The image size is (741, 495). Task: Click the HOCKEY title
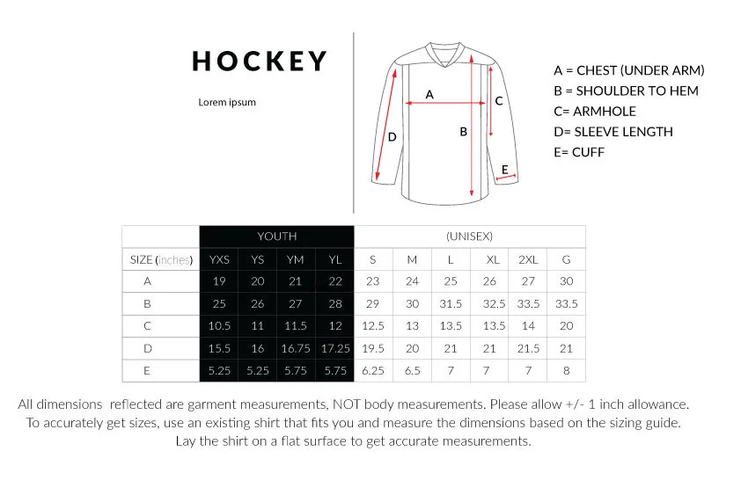(x=260, y=62)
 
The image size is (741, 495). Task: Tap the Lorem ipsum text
(x=227, y=102)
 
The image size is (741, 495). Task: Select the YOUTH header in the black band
(x=276, y=236)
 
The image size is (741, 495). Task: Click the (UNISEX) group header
(x=469, y=236)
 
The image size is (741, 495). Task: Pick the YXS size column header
(x=218, y=259)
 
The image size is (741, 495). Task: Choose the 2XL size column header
(x=528, y=259)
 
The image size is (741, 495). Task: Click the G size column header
(x=566, y=259)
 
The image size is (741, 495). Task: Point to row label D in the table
(x=147, y=348)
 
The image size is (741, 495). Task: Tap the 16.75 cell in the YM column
(x=295, y=348)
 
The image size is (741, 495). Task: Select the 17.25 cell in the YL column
(x=335, y=348)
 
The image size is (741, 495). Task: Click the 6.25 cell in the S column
(x=373, y=371)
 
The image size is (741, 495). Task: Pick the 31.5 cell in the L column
(x=451, y=303)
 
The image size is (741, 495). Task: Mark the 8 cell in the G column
(x=566, y=371)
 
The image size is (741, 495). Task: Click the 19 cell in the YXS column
(x=218, y=281)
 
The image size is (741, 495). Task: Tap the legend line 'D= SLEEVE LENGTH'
(x=613, y=132)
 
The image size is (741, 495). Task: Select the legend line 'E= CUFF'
(x=579, y=152)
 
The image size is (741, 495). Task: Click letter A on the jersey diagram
(x=429, y=93)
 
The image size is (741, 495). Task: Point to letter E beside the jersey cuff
(x=505, y=169)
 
